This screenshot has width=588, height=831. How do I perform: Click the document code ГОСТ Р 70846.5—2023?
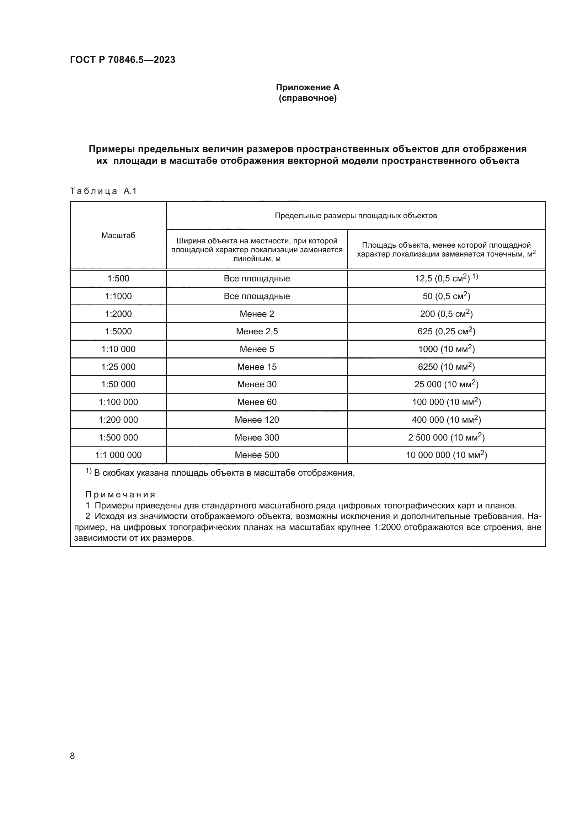click(122, 60)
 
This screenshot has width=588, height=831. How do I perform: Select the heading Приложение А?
click(308, 87)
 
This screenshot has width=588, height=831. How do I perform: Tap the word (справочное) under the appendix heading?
click(308, 98)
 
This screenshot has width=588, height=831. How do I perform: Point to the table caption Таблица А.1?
click(103, 191)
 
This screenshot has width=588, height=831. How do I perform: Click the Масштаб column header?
click(118, 236)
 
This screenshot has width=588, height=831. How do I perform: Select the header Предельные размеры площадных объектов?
click(356, 216)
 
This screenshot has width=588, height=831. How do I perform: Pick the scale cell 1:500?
click(118, 279)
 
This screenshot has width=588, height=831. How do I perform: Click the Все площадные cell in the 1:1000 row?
click(257, 296)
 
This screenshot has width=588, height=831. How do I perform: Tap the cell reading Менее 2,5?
click(257, 331)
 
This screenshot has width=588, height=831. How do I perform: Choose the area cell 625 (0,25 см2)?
click(446, 331)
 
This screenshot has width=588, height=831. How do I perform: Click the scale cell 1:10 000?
click(118, 349)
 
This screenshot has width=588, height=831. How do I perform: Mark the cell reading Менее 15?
click(257, 367)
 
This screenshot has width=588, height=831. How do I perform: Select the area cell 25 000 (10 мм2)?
click(446, 384)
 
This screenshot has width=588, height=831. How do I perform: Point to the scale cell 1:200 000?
click(118, 420)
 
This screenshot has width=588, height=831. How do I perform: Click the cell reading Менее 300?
click(257, 438)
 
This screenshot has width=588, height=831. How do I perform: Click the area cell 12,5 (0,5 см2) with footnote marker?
click(446, 279)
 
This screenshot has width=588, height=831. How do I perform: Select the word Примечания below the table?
click(121, 495)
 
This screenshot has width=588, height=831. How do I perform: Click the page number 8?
click(73, 756)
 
